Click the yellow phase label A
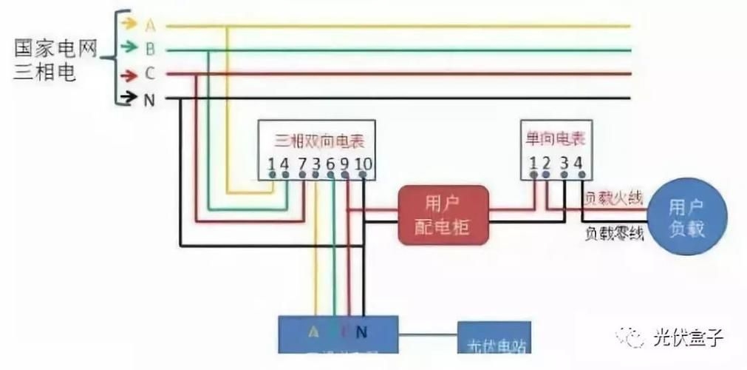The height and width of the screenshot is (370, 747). coord(150,26)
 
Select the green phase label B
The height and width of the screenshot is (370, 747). coord(150,50)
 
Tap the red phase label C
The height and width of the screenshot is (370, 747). coord(150,74)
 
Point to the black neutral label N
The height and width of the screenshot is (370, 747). coord(149,99)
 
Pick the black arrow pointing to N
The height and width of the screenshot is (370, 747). coord(128,96)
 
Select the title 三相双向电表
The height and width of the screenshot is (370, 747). coord(319,140)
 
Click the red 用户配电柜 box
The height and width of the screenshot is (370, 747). coord(443,215)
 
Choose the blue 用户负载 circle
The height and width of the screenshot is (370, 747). coord(686,217)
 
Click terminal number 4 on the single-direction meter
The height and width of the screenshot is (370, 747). coord(578,162)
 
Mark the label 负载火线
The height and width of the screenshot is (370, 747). coord(613,198)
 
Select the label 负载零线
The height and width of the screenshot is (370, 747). coord(614,235)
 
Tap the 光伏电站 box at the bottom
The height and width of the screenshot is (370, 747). coord(494,342)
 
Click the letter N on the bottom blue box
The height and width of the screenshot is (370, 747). coord(361,331)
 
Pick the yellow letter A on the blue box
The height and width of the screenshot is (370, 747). coord(314,331)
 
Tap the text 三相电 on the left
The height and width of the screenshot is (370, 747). coord(45,74)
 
